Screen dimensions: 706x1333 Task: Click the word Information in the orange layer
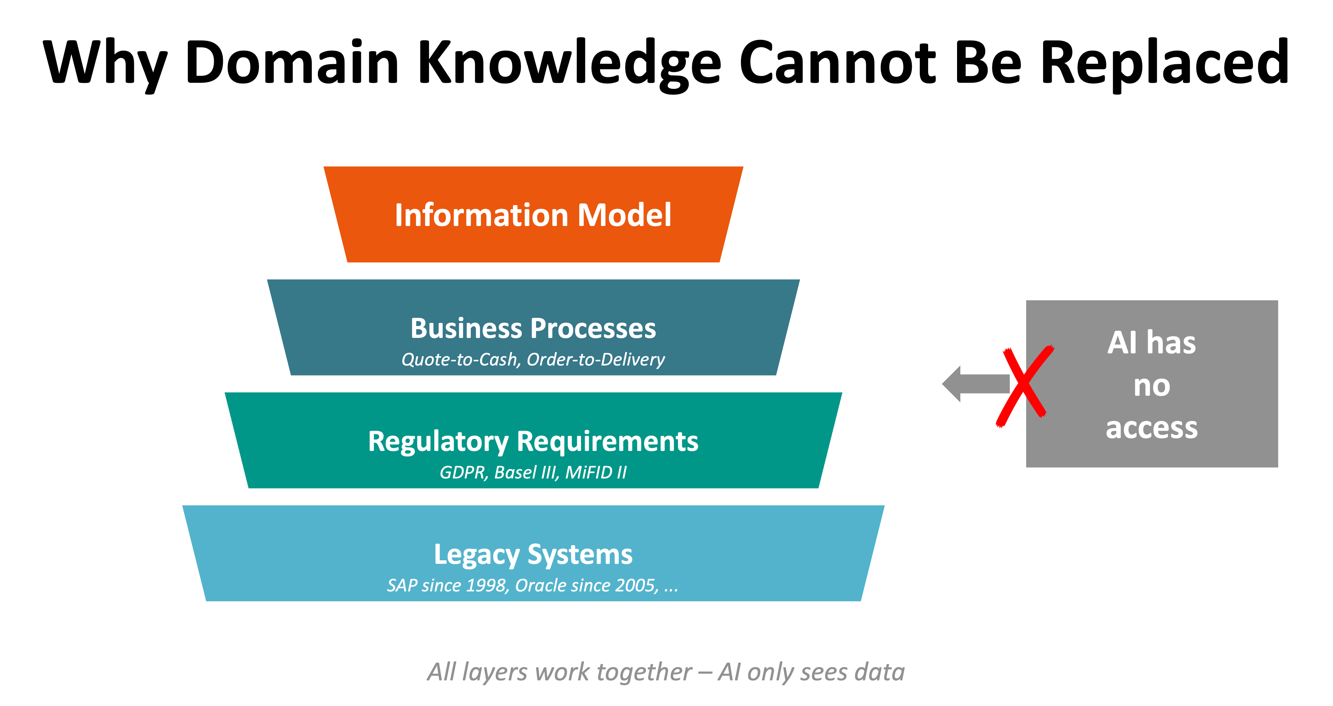click(481, 215)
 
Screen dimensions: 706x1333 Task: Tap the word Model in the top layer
click(624, 215)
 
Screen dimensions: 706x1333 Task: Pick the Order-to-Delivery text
click(596, 359)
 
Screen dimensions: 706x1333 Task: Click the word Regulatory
click(438, 442)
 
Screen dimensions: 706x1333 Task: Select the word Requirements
click(607, 442)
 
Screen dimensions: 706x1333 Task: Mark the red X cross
click(1024, 385)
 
